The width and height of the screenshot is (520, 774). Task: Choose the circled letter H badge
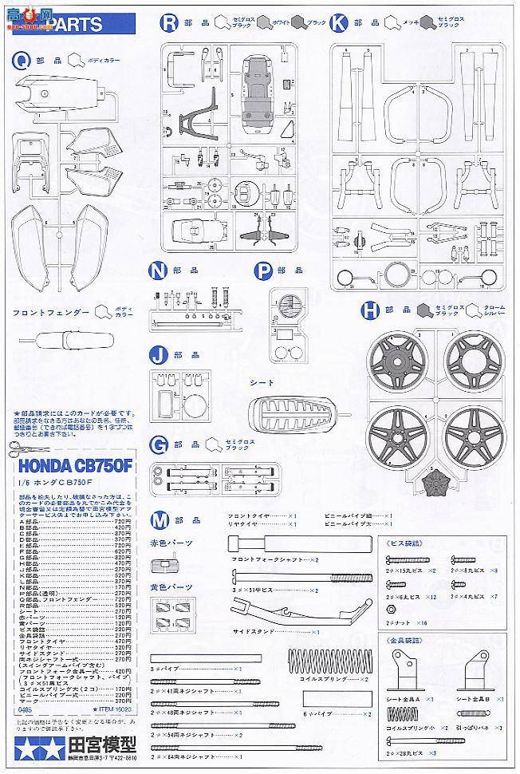[x=369, y=310]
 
